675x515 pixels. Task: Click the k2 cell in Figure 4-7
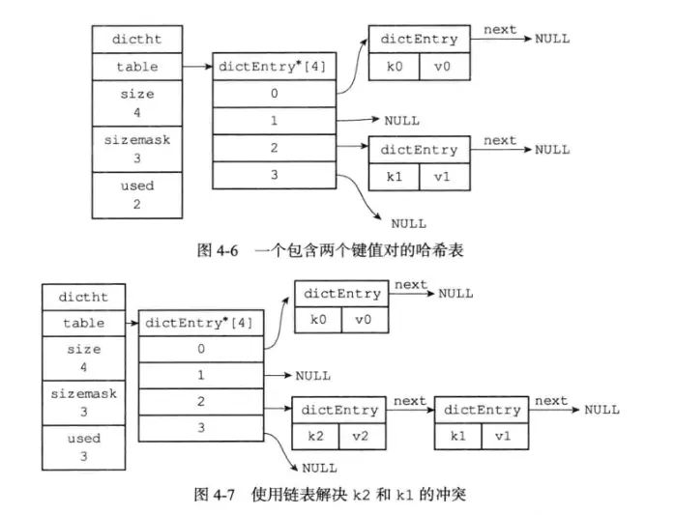tap(315, 437)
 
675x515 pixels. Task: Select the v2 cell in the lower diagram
tap(362, 437)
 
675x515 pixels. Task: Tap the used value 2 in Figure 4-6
tap(137, 204)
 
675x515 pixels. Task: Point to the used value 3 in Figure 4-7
tap(83, 456)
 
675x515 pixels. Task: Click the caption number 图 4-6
tap(218, 250)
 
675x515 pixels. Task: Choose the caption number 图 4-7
tap(215, 495)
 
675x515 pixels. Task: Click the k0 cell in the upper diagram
tap(394, 67)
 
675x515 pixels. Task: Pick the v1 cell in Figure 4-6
tap(444, 177)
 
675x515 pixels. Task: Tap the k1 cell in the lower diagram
tap(457, 437)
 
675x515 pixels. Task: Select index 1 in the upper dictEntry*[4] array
tap(275, 121)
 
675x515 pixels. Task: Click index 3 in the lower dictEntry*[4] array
tap(201, 428)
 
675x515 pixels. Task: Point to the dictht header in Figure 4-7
tap(83, 297)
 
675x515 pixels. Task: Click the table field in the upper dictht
tap(137, 67)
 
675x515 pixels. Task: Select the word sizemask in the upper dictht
tap(137, 140)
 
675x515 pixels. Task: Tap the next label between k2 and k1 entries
tap(409, 401)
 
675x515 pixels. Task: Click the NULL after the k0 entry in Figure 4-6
tap(552, 39)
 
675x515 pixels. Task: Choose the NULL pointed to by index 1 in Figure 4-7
tap(313, 376)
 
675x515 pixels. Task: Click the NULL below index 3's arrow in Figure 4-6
tap(408, 224)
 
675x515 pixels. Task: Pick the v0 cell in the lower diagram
tap(365, 320)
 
